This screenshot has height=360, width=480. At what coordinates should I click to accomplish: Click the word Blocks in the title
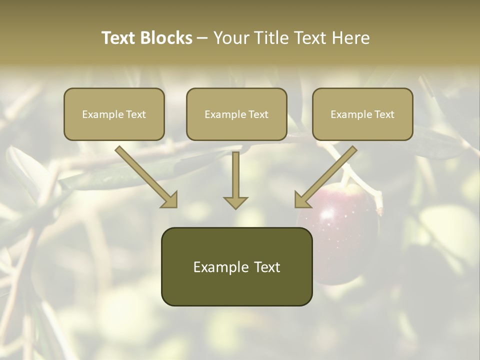pos(167,38)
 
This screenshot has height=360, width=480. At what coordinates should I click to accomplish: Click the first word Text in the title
pos(120,38)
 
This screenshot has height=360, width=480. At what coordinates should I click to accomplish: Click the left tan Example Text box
pos(114,114)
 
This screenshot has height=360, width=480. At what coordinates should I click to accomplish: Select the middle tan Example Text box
pos(236,114)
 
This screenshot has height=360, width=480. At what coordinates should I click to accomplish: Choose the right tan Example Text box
pos(362,114)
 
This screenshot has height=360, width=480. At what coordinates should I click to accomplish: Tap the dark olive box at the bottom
pos(236,266)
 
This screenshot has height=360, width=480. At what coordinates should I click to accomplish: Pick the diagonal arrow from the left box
pos(145,176)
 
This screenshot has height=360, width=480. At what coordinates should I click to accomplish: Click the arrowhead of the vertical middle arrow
pos(235,202)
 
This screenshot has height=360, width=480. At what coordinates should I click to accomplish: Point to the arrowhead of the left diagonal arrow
pos(170,200)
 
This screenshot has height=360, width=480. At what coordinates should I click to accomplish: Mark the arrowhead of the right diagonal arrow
pos(301,200)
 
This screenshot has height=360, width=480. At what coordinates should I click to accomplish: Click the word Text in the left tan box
pos(135,114)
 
